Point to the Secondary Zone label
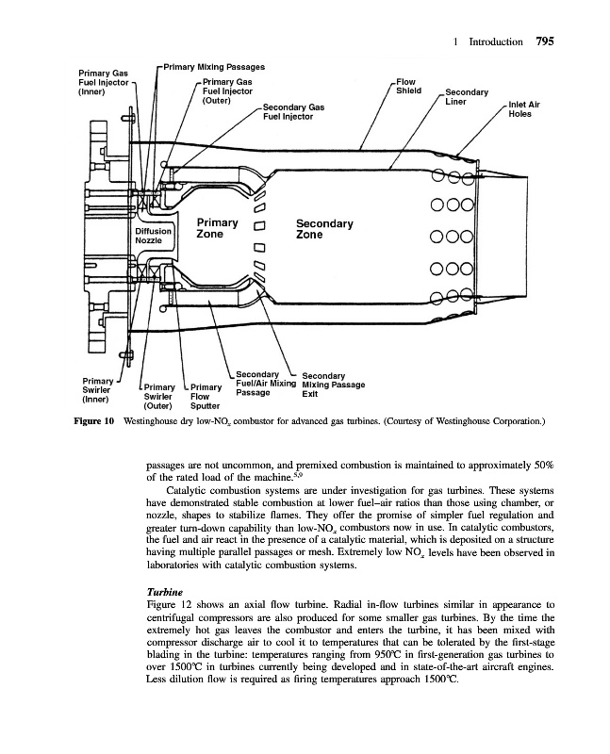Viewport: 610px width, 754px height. [323, 229]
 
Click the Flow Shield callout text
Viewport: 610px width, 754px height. [408, 87]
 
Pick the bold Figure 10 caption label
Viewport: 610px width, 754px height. [94, 421]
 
